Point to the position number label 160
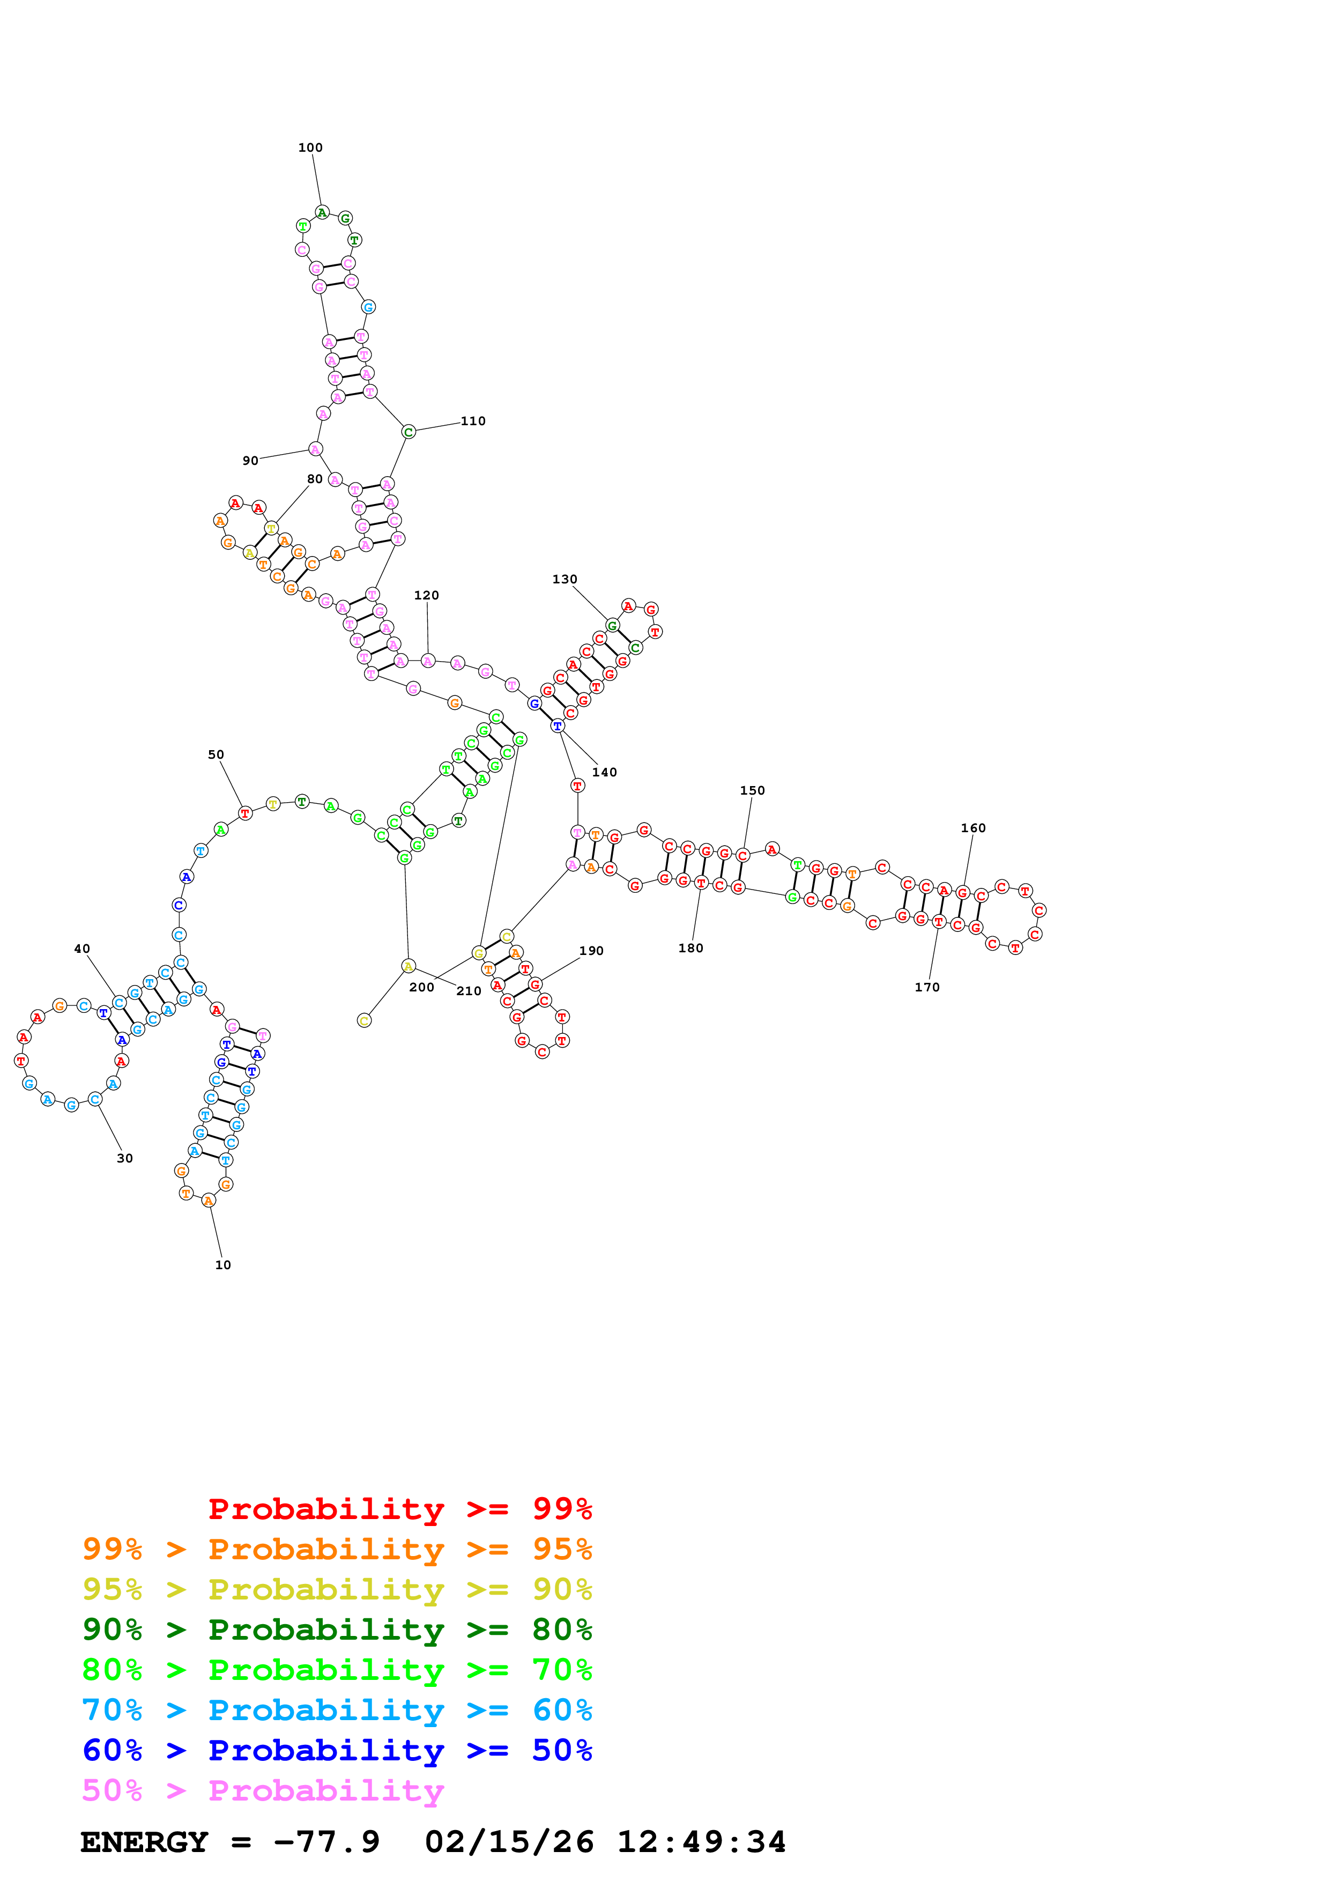click(x=973, y=828)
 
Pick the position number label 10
click(x=222, y=1265)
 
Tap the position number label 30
click(x=124, y=1158)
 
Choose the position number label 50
click(x=216, y=754)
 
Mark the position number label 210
click(x=469, y=991)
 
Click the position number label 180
click(x=691, y=948)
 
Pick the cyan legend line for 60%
click(x=337, y=1710)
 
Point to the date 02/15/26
click(x=509, y=1842)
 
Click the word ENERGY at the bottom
click(x=144, y=1842)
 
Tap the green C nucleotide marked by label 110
click(x=409, y=432)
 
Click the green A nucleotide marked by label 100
click(x=322, y=212)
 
